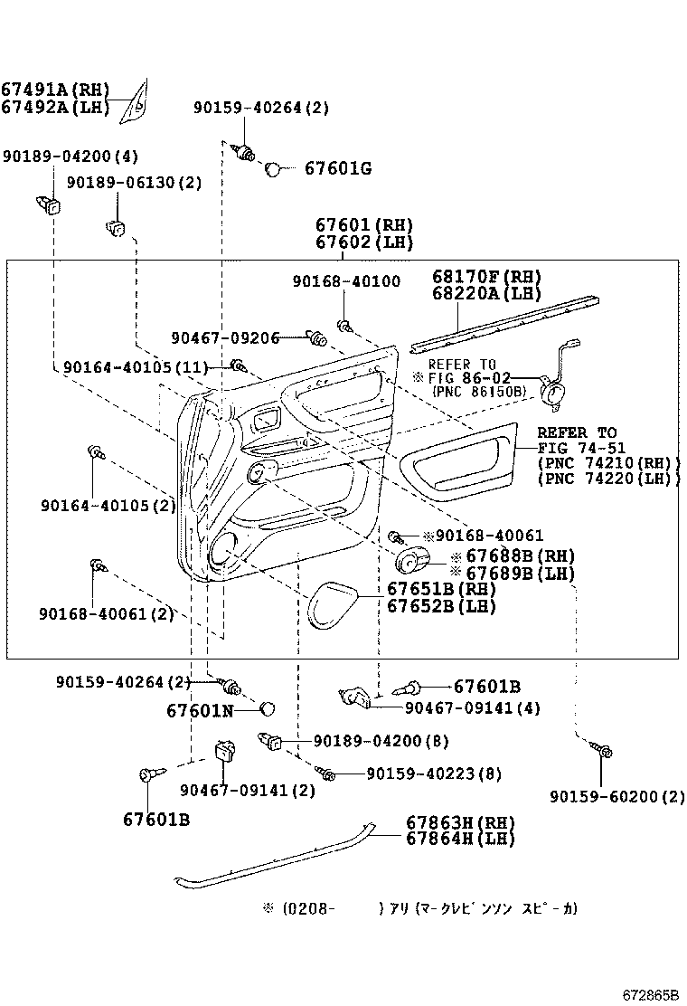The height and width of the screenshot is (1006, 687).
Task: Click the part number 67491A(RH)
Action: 54,90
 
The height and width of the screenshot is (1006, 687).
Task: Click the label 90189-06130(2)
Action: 146,182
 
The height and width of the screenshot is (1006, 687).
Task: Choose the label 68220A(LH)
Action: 485,293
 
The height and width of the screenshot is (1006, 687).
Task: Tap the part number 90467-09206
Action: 225,337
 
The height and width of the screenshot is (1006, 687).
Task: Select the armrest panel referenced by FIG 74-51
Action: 456,462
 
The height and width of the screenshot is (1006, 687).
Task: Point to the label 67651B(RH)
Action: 441,589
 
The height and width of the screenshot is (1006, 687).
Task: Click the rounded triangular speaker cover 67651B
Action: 334,604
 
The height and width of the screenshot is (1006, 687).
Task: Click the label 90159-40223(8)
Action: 433,773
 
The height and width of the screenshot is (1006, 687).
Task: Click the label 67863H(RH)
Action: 459,822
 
